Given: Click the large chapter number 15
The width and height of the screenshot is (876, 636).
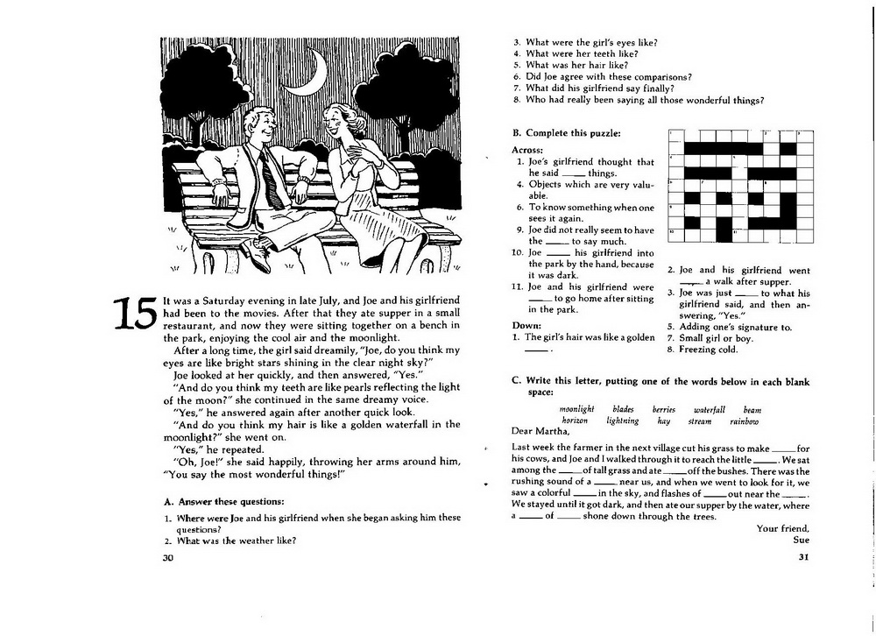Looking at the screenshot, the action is coord(135,314).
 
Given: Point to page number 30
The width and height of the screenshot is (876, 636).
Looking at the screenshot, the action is coord(168,557).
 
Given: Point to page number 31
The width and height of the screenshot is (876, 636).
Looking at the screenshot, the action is coord(803,556).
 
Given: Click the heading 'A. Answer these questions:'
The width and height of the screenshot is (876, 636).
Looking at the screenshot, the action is coord(224,501).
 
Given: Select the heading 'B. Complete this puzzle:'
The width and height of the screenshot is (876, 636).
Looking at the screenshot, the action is coord(567,133).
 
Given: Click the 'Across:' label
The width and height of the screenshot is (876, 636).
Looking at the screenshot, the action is coord(527,150).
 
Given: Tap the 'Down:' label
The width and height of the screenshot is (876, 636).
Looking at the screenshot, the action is coord(526,325).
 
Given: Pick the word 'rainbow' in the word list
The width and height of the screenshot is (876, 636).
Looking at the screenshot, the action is coord(744,421).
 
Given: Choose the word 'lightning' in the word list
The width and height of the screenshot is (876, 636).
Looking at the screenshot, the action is coord(622,420).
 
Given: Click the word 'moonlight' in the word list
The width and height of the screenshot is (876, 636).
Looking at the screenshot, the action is coord(576,409).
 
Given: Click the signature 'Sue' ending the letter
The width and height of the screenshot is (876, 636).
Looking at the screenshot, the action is coord(802,540).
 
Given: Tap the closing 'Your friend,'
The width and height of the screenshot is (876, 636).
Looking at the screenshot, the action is coord(782,528).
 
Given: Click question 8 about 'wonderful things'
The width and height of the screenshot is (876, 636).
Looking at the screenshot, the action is coord(639,100).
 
